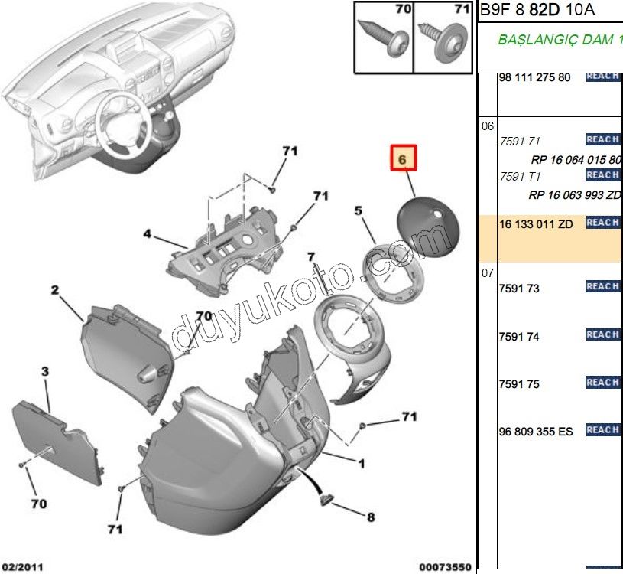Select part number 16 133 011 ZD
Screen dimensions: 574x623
pos(535,223)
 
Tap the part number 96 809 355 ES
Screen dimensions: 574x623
pos(535,432)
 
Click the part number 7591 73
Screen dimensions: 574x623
pos(519,289)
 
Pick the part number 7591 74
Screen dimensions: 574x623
pos(519,337)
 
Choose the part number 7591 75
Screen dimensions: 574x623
pos(519,384)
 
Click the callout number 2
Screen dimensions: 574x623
pos(55,290)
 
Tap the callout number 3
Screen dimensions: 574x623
pos(44,372)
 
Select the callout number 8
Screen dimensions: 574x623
pos(371,517)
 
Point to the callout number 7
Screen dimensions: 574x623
pos(311,256)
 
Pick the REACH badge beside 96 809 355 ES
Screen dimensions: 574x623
pos(602,430)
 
